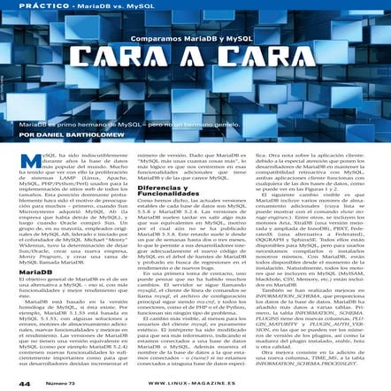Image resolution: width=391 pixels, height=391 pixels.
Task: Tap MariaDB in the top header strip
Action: pyautogui.click(x=95, y=6)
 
